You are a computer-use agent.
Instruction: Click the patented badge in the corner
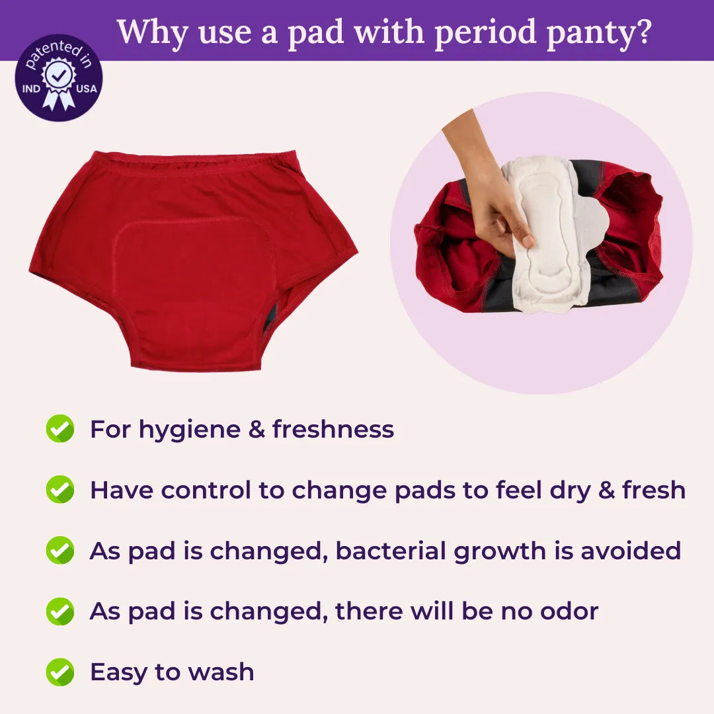58,78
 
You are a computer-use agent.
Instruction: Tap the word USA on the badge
85,88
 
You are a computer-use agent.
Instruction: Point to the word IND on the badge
31,88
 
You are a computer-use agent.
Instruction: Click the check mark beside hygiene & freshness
59,429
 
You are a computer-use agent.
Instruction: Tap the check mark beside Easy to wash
59,672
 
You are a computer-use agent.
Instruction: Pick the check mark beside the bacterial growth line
59,551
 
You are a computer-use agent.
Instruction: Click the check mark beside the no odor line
59,612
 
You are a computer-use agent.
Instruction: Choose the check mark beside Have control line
59,490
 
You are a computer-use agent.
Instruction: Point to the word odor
569,612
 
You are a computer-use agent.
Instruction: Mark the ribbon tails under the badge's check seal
58,99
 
